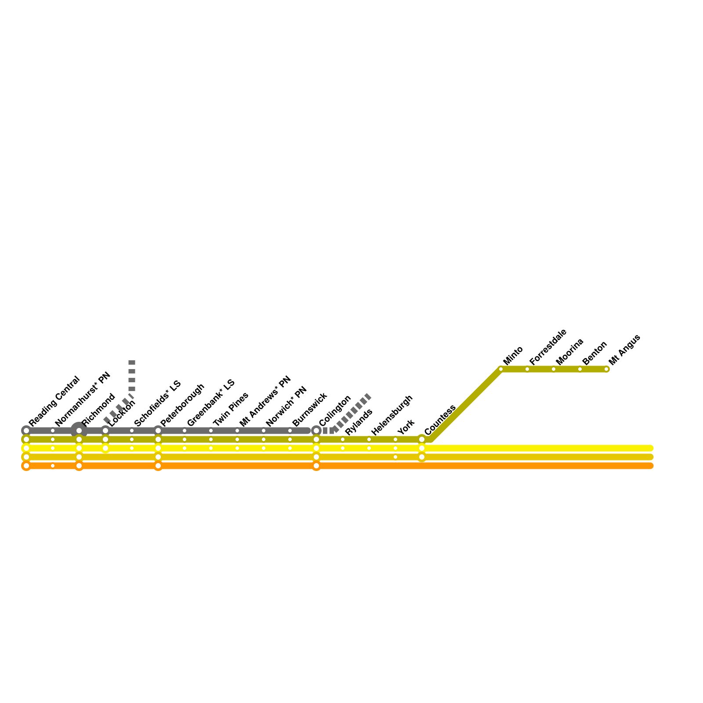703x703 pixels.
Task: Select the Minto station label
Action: coord(513,355)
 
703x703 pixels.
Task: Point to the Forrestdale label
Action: coord(548,347)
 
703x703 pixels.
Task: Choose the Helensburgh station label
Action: coord(392,415)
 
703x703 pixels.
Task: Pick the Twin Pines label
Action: coord(231,409)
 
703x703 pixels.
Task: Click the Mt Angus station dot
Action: coord(606,369)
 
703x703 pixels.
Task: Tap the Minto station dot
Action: coord(501,369)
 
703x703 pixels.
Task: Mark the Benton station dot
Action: coord(580,369)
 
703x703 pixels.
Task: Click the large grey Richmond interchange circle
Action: coord(79,431)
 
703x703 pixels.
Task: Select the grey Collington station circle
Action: coord(316,431)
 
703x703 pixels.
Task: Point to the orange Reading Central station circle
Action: coord(26,466)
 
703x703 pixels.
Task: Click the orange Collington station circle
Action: coord(316,466)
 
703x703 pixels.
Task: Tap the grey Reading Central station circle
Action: coord(26,431)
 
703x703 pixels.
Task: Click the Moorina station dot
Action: coord(554,369)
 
